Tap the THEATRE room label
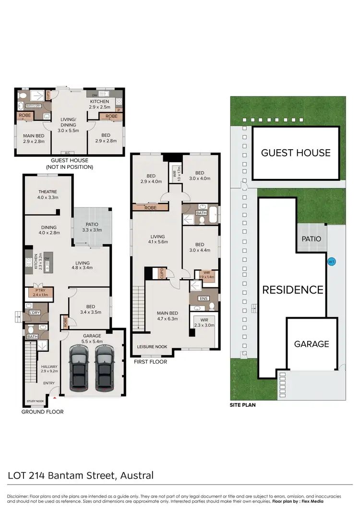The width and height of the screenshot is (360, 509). [48, 194]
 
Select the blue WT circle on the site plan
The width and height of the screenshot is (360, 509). [331, 262]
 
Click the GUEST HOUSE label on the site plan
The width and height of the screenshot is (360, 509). [296, 153]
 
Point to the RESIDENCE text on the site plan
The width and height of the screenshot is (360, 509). [292, 290]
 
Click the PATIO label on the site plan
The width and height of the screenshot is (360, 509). [311, 238]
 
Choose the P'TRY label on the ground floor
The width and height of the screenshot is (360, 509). [39, 293]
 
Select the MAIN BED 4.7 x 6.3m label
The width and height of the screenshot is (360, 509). [167, 316]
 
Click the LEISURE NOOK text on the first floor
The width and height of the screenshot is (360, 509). [152, 346]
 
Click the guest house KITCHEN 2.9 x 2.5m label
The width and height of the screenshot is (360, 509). [100, 104]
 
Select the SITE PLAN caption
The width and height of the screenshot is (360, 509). [242, 405]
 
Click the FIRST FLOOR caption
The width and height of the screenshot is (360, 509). [151, 362]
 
